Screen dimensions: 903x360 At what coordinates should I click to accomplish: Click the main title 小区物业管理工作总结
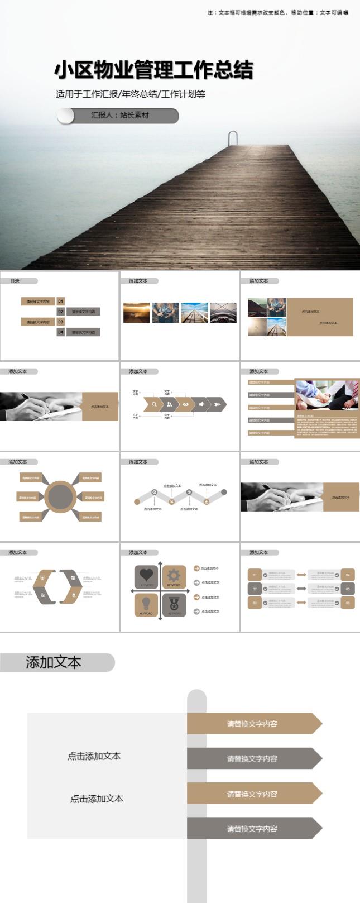153,70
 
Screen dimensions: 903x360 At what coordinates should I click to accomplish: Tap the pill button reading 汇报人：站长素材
118,116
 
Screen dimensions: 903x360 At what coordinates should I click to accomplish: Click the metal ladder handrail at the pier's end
233,137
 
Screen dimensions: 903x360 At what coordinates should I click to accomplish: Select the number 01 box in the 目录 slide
61,302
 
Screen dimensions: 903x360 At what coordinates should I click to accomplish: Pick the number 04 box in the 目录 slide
61,332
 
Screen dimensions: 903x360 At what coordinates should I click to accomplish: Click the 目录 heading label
15,281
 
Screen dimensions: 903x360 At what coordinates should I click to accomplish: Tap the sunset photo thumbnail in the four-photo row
136,313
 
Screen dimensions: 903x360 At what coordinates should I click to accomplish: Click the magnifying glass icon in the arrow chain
154,404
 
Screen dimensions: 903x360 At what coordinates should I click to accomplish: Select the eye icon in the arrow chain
185,404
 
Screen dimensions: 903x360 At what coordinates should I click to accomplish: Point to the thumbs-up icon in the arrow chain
201,404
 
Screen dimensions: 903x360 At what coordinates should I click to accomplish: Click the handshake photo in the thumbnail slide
327,396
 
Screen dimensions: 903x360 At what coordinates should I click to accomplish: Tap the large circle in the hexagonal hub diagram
59,496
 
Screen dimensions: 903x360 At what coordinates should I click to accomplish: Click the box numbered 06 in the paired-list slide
348,603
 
